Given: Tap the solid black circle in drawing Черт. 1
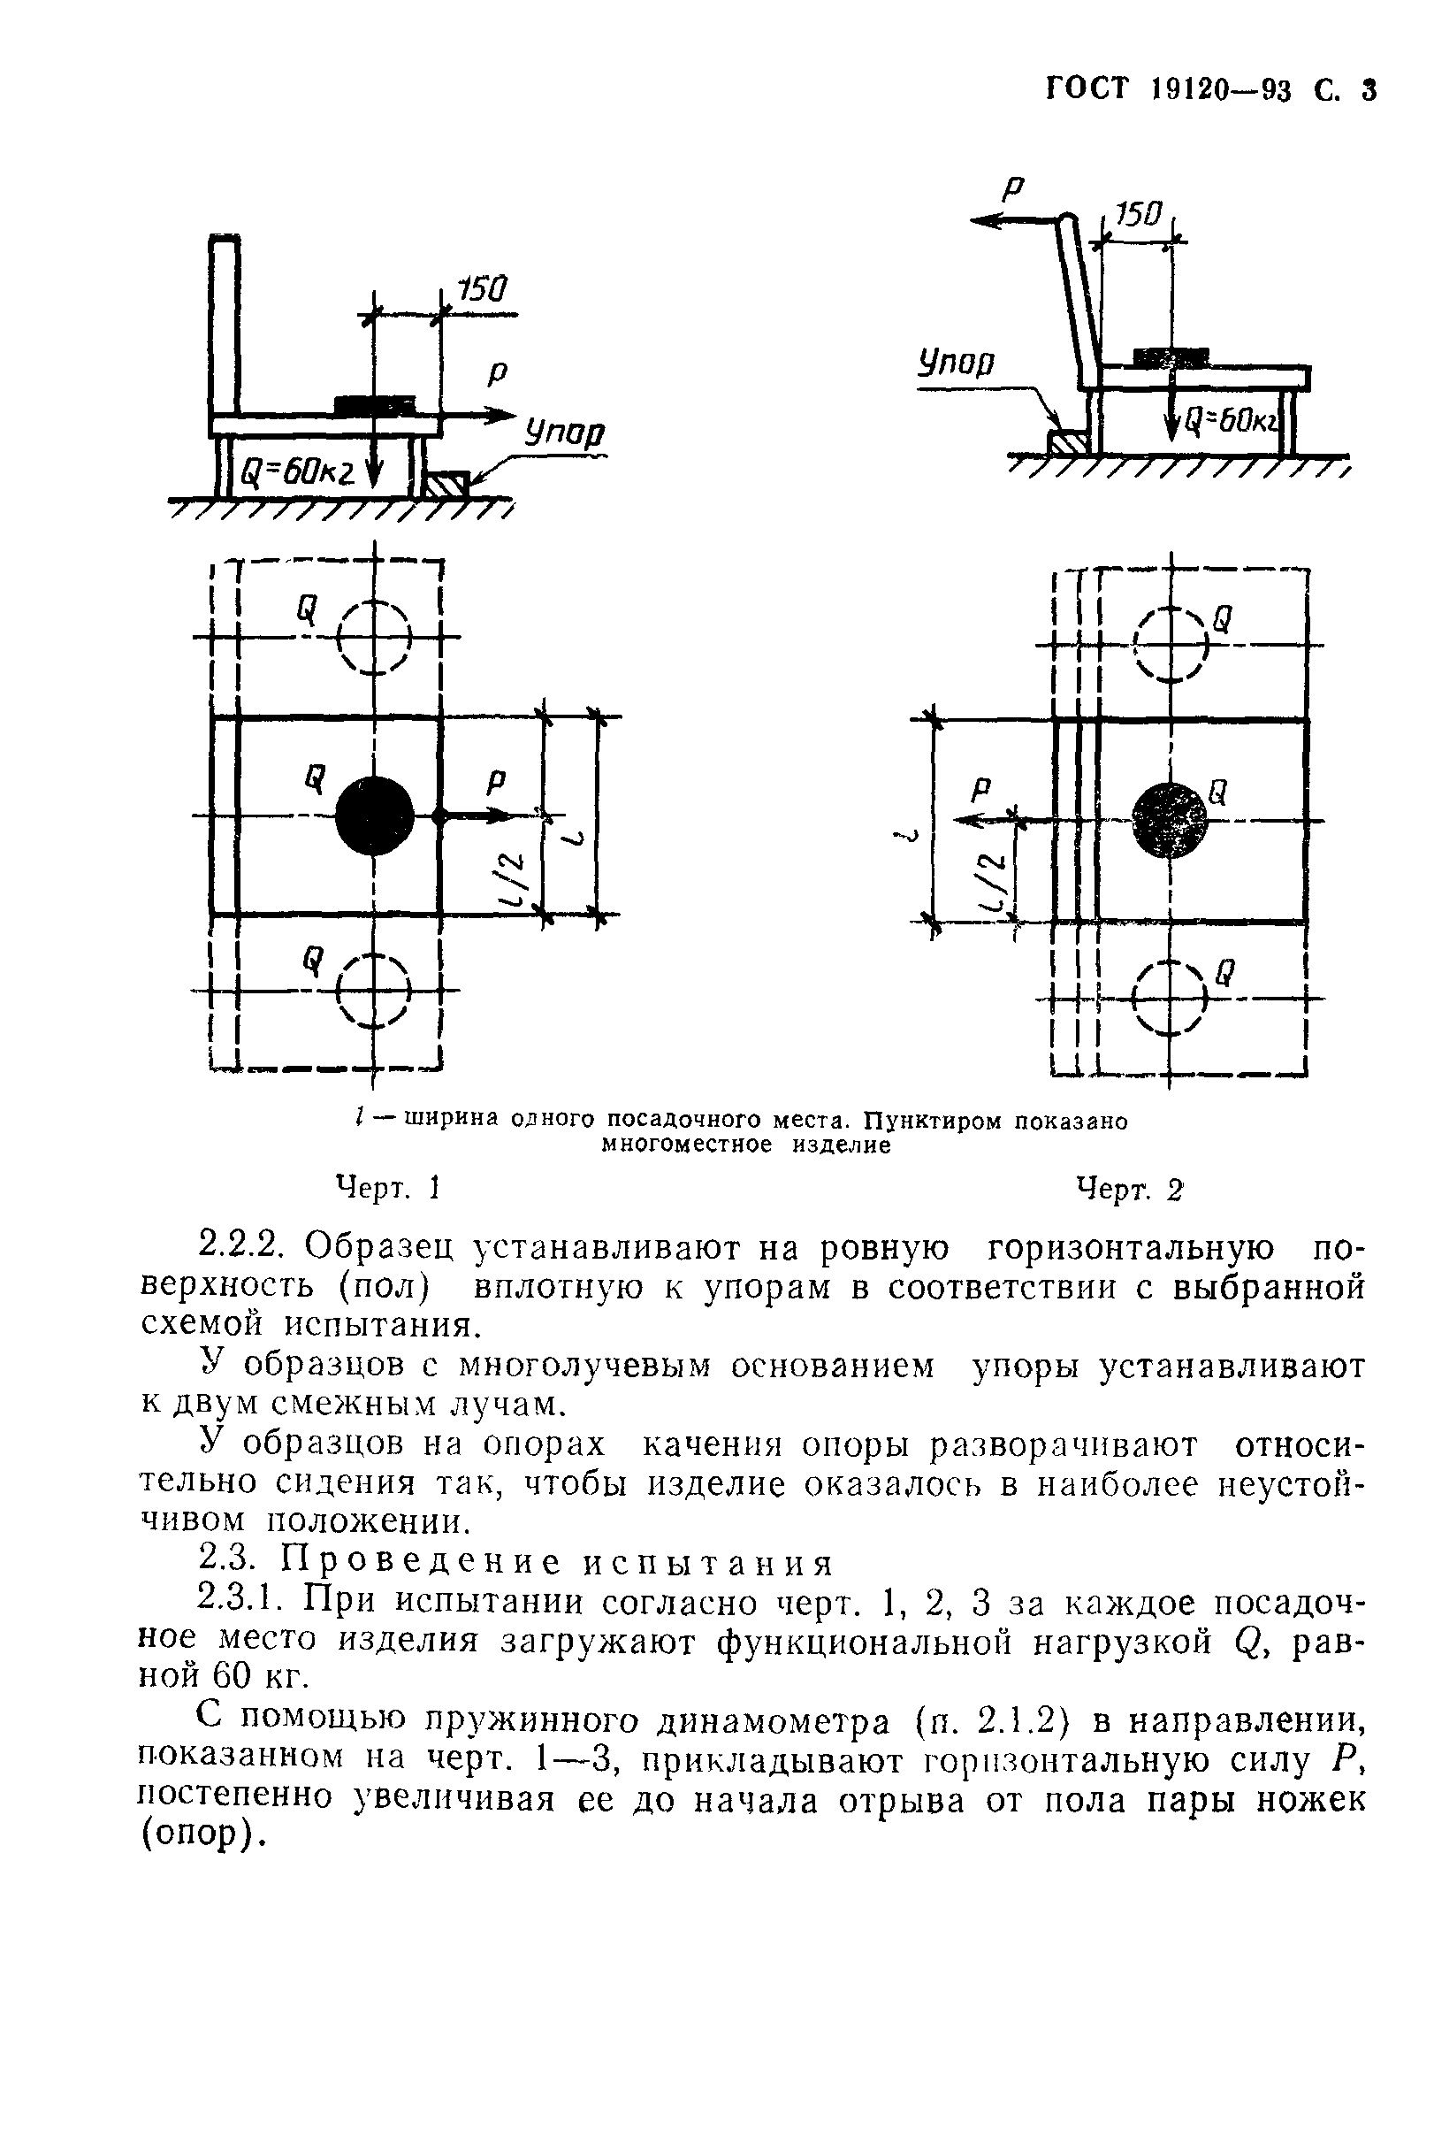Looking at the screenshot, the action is [x=374, y=816].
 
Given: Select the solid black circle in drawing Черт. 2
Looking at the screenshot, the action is [x=1170, y=820].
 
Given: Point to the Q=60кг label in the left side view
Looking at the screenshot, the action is [x=298, y=471].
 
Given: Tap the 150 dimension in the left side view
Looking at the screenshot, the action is [x=481, y=290].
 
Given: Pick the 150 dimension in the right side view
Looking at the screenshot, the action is [x=1138, y=216].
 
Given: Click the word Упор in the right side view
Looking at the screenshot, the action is [x=956, y=364].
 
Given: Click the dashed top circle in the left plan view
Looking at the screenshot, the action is [x=374, y=636].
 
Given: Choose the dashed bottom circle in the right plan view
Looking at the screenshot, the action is [x=1170, y=997].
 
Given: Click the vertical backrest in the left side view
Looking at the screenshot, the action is [x=225, y=326].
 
